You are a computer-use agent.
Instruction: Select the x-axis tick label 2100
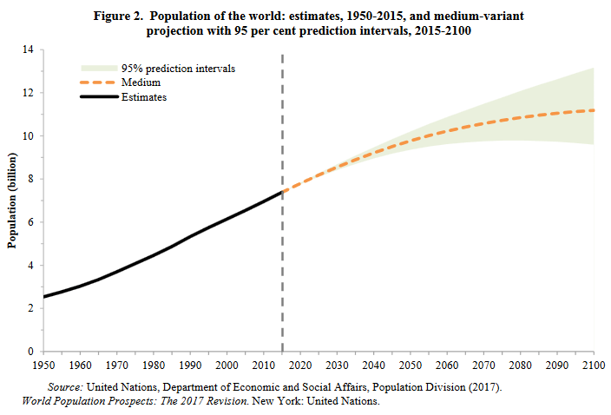595,366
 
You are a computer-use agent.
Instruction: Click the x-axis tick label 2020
299,366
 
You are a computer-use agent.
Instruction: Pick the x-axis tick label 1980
153,366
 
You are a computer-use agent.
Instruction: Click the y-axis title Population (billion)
13,201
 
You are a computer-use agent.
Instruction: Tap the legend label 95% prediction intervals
179,68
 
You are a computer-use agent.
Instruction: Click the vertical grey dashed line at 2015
284,260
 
